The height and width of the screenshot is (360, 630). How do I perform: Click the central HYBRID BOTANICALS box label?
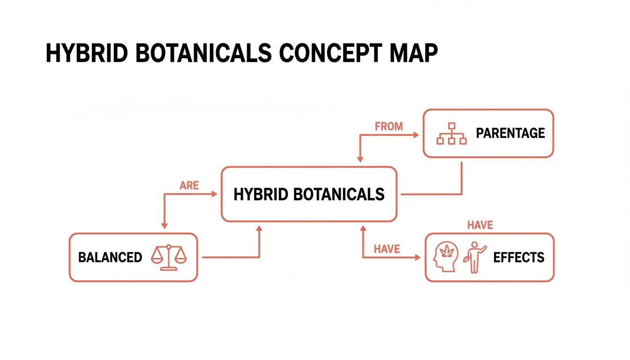[309, 194]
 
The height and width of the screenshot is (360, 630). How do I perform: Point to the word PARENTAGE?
[510, 133]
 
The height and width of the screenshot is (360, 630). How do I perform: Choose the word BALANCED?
[110, 257]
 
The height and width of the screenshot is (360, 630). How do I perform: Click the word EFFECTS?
[519, 257]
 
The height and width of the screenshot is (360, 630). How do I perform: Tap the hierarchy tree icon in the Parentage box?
[451, 134]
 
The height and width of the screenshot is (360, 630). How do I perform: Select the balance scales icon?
[169, 257]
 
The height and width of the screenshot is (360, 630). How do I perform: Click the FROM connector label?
[389, 126]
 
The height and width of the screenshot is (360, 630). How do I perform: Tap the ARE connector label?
[189, 186]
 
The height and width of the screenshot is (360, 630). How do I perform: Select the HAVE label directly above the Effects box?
[480, 225]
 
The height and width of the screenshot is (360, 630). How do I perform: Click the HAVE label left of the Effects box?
[387, 249]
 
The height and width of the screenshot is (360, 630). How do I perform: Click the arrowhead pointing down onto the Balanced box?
[165, 226]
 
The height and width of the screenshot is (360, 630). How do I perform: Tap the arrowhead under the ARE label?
[215, 194]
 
